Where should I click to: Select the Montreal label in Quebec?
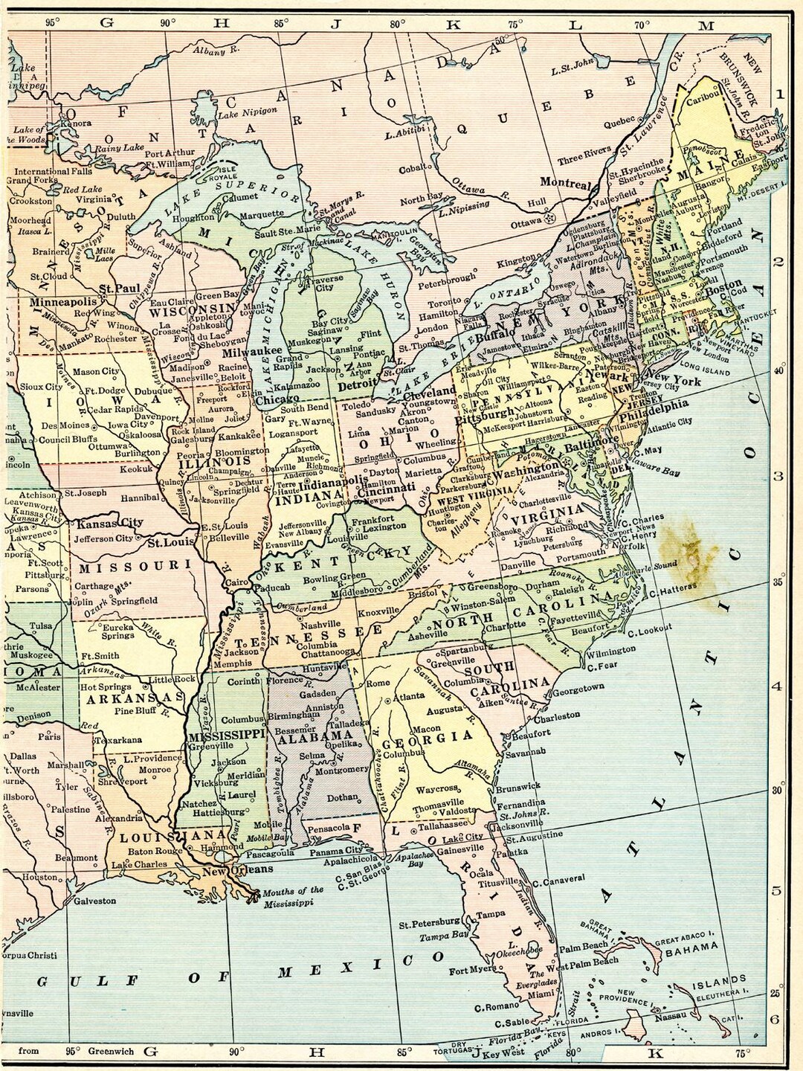point(565,184)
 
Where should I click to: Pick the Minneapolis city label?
point(63,303)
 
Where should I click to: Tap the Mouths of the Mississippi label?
point(294,896)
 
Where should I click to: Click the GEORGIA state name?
point(428,738)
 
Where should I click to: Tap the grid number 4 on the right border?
point(776,685)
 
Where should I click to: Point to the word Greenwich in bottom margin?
point(112,1051)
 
